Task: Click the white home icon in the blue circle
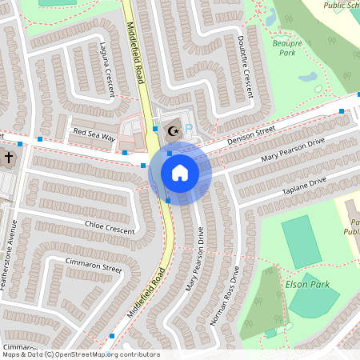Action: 180,173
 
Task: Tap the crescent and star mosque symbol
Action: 173,130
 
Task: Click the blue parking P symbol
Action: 189,128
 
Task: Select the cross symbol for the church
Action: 9,158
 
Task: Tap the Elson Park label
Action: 306,284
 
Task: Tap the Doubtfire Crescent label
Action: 246,62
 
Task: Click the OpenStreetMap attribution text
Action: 80,354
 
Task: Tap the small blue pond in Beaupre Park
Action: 307,78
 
